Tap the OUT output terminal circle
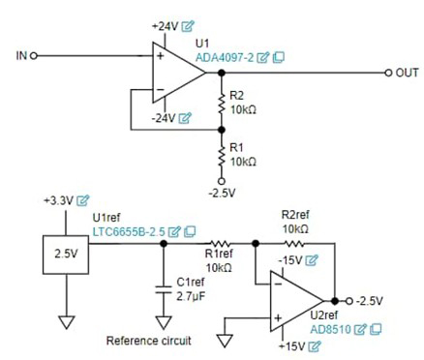389,73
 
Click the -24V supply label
165,118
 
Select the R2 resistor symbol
222,103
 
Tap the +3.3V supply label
60,200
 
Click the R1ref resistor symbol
218,246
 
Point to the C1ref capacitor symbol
162,287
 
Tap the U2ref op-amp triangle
295,301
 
